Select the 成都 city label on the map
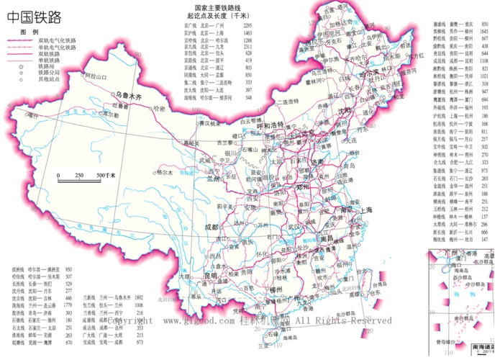[x=213, y=226]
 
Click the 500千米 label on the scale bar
[x=106, y=175]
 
